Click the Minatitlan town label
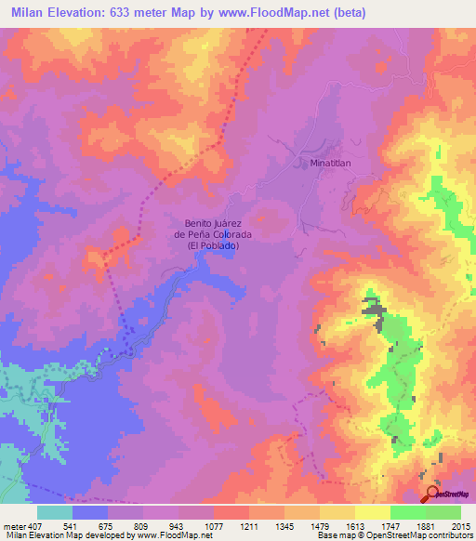coord(331,162)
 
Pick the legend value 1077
coord(214,525)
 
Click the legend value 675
coord(108,525)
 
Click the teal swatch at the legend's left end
coord(55,512)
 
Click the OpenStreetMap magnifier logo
coord(432,495)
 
